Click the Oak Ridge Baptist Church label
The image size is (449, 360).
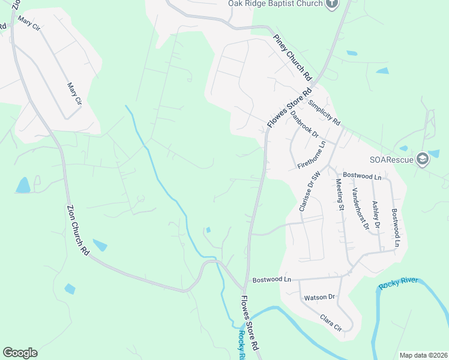click(x=276, y=4)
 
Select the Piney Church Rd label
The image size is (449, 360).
click(x=294, y=58)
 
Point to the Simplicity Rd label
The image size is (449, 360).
click(x=324, y=112)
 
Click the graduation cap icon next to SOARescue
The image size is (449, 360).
click(x=422, y=158)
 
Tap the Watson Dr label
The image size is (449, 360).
click(x=319, y=297)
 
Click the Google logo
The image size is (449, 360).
click(x=20, y=353)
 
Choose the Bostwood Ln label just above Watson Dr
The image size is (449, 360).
click(x=271, y=280)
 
